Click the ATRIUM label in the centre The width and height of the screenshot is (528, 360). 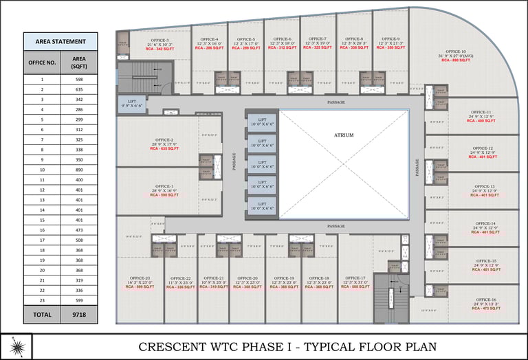(x=344, y=135)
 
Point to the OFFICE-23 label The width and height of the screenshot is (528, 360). (x=139, y=278)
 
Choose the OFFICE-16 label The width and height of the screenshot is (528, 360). (x=485, y=300)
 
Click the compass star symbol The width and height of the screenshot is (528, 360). (x=16, y=346)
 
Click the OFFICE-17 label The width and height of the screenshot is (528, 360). (x=355, y=278)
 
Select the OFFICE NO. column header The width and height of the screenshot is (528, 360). (x=41, y=62)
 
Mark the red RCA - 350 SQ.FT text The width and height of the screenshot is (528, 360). (x=390, y=48)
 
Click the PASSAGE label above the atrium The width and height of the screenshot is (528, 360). (x=336, y=102)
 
